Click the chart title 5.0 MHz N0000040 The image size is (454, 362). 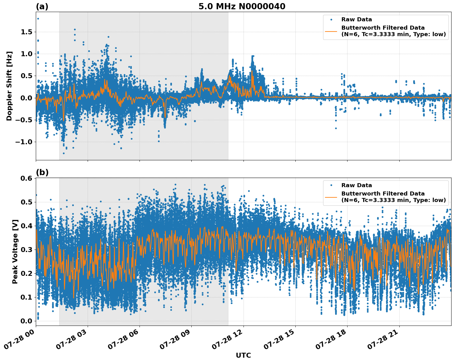[x=242, y=6]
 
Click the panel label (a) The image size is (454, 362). [x=42, y=6]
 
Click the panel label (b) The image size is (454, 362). [x=42, y=172]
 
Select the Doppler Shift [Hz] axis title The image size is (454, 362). [x=9, y=86]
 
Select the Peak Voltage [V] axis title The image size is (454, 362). [x=15, y=251]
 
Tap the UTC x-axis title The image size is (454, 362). [x=243, y=355]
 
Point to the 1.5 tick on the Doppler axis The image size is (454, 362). [x=27, y=32]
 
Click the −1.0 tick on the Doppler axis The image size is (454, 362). [x=23, y=142]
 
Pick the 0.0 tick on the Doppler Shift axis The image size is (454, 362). [x=27, y=98]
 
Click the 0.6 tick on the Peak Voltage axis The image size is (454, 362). [x=27, y=179]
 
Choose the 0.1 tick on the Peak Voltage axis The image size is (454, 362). [x=27, y=297]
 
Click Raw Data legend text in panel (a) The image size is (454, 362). [x=356, y=19]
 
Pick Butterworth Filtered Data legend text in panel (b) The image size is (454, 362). [x=383, y=194]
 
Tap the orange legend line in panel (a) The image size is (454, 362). [x=331, y=31]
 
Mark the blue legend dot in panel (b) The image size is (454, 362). [x=331, y=185]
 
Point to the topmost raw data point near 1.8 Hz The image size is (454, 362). [x=38, y=19]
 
